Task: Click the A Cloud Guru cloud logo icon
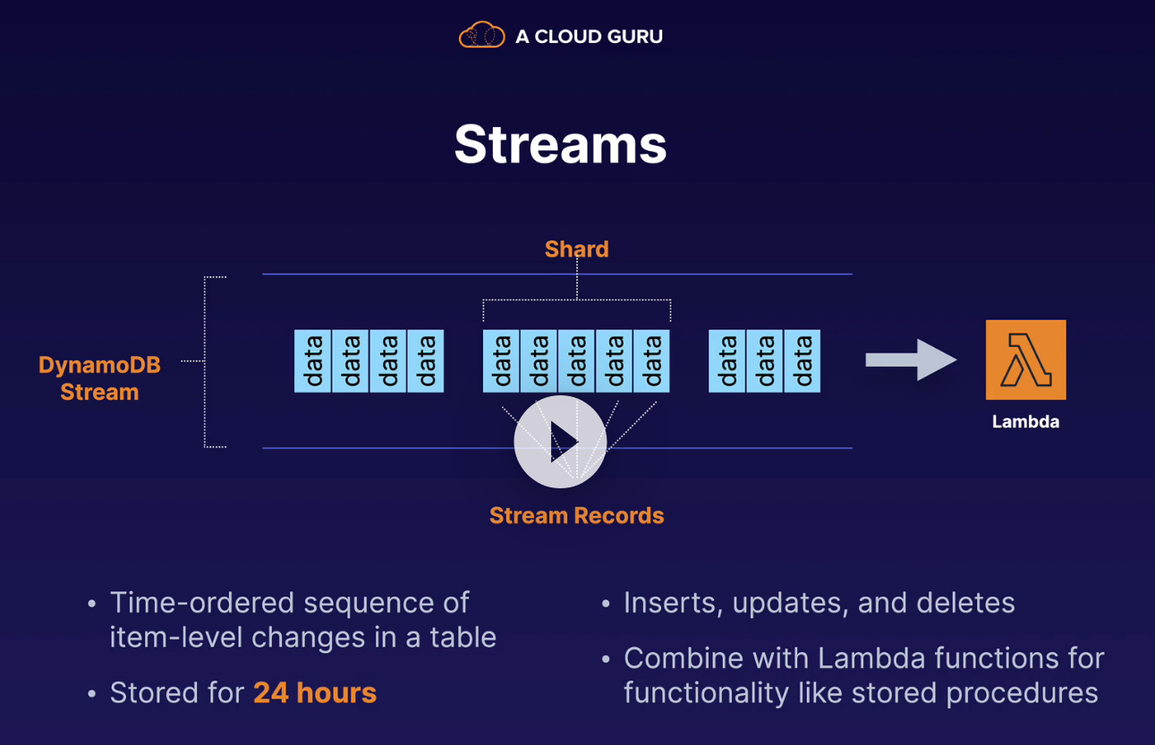point(481,36)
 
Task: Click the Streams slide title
point(560,144)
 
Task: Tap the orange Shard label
point(576,250)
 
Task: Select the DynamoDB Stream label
point(99,378)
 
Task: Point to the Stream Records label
point(576,516)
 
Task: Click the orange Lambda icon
point(1025,360)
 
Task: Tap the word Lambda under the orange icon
point(1025,422)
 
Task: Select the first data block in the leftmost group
point(313,361)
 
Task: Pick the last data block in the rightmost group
point(802,361)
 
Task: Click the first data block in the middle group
point(501,361)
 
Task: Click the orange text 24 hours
point(315,693)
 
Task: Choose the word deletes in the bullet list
point(970,603)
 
